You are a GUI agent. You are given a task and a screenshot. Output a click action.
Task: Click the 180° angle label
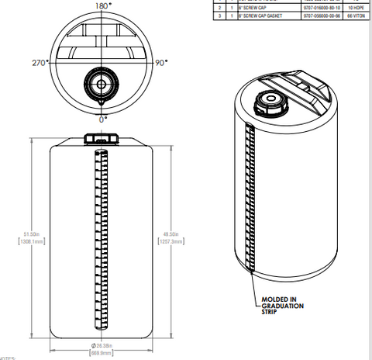(102, 5)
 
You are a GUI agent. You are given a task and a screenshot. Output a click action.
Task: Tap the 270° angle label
(40, 62)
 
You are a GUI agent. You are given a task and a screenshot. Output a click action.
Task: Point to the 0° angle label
(102, 119)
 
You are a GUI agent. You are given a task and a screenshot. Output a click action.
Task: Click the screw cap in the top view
(100, 84)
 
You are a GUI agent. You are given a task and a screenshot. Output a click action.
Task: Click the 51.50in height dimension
(32, 234)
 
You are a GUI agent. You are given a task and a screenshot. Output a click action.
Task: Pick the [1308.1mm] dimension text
(32, 242)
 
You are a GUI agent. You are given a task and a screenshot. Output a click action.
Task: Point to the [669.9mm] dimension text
(103, 352)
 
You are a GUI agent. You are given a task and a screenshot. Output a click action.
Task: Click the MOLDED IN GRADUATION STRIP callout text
(281, 305)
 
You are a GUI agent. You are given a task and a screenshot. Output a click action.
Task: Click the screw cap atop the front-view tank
(101, 138)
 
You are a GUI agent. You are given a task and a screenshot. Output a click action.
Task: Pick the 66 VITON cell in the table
(357, 15)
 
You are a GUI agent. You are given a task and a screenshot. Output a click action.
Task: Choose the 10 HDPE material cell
(357, 7)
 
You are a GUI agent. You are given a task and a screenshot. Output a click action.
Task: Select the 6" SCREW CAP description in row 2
(256, 7)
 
